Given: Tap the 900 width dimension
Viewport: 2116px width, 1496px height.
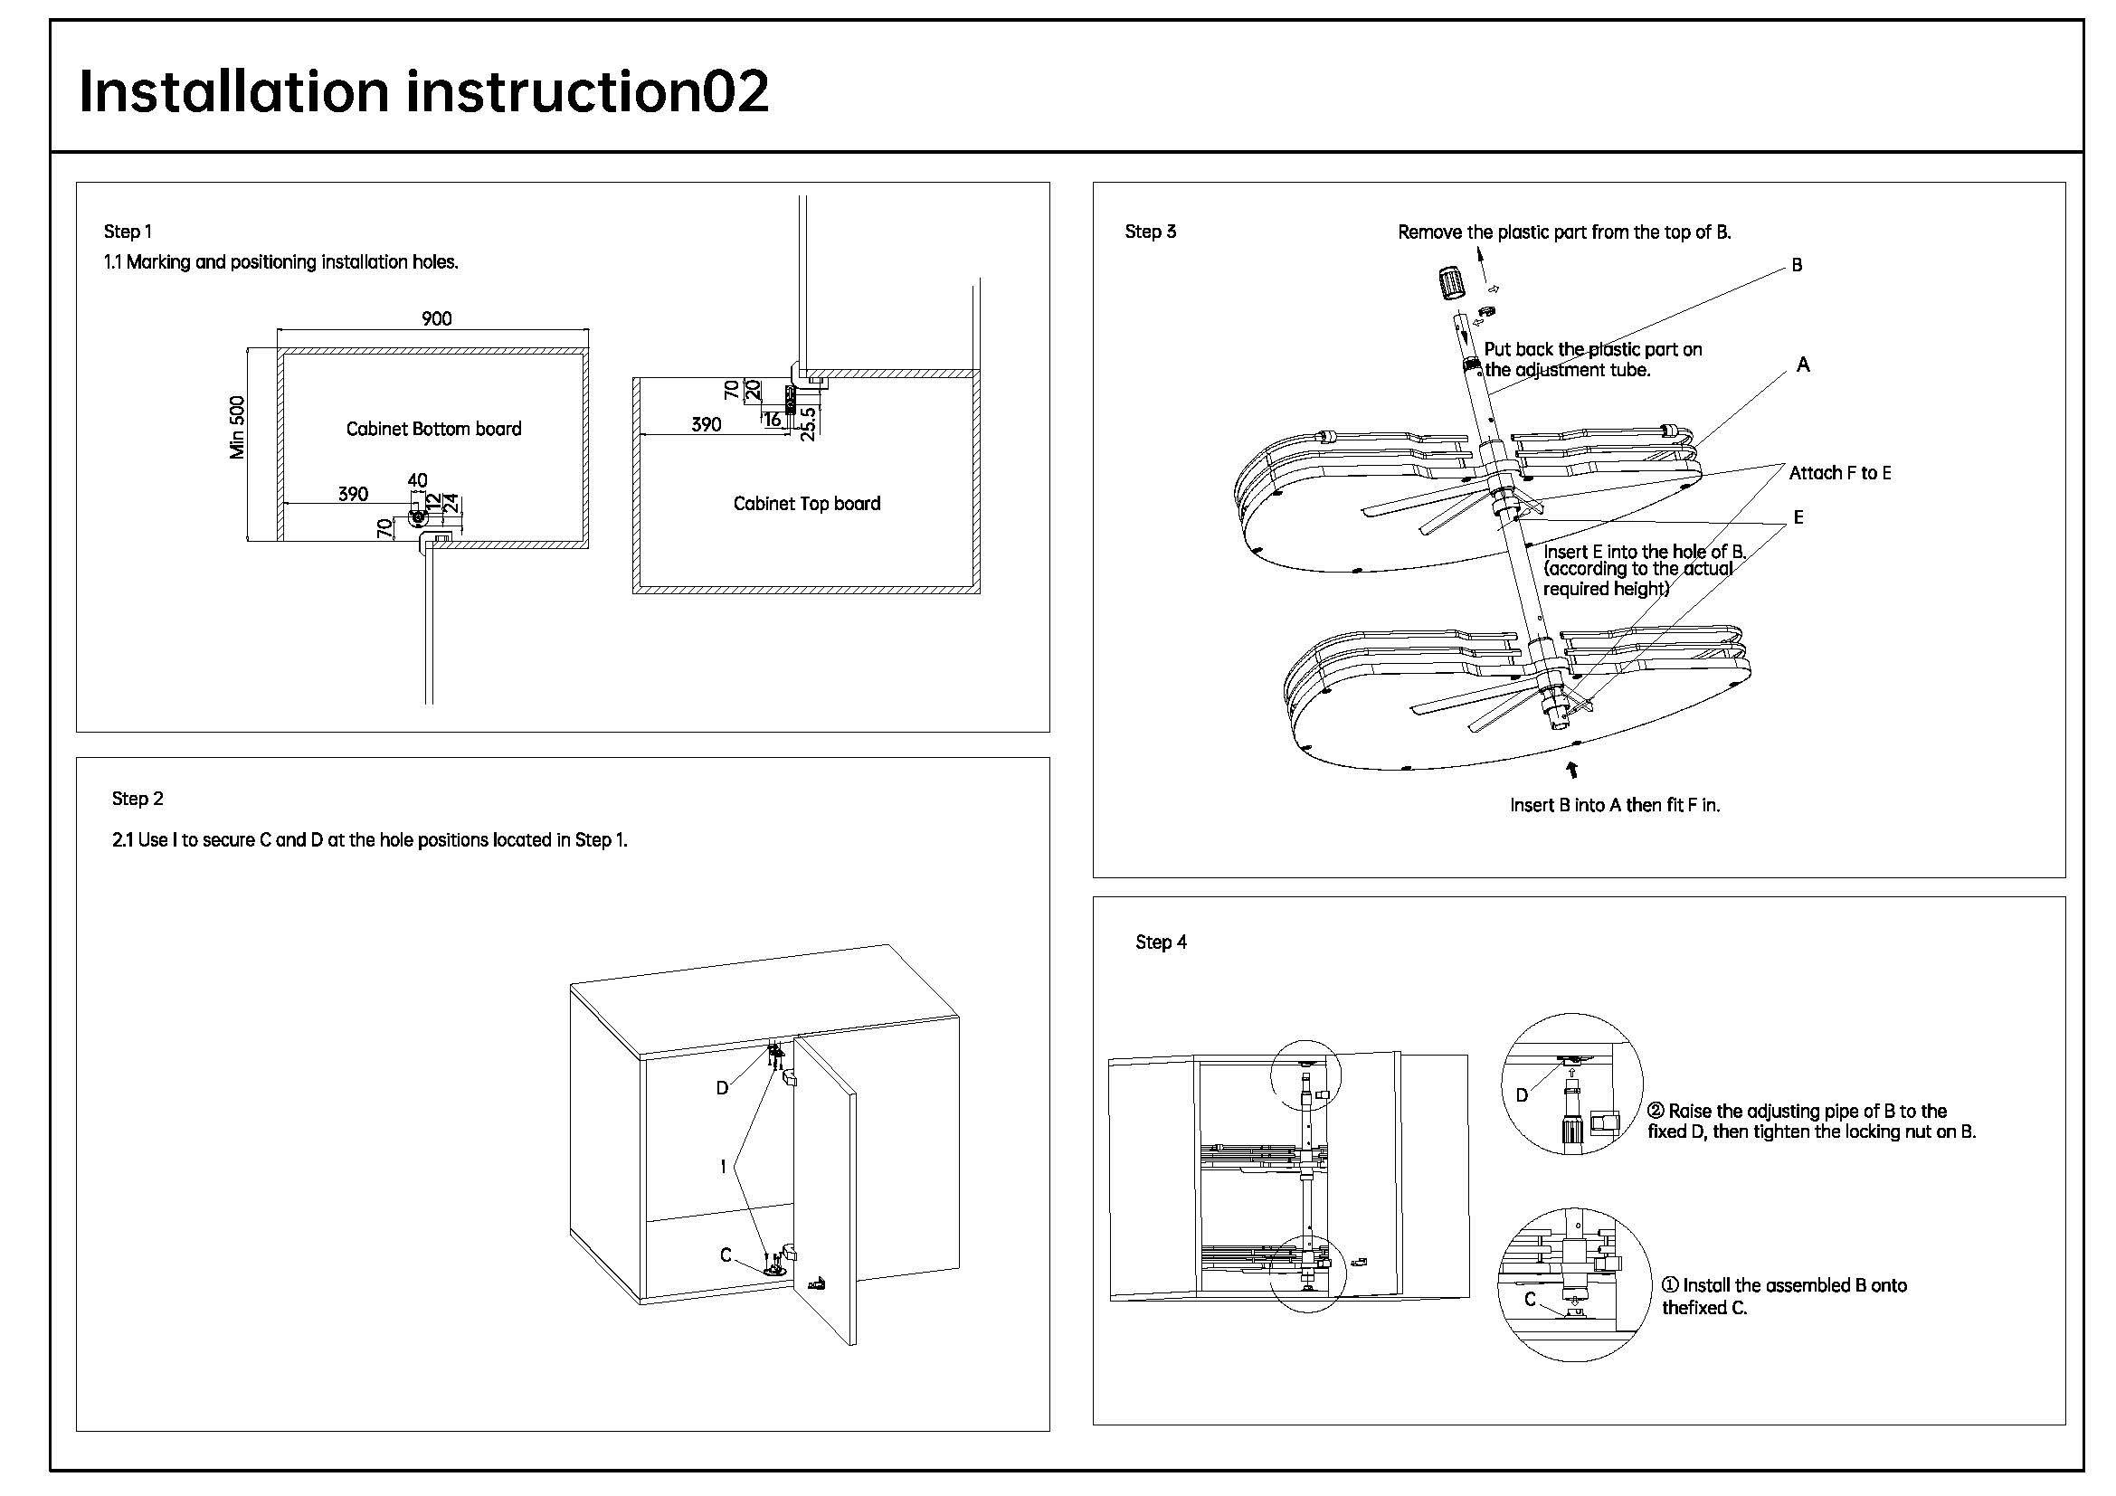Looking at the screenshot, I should [437, 318].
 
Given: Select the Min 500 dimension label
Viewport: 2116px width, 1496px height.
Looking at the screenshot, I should [238, 428].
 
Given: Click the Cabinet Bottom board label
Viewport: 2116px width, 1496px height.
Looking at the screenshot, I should [433, 429].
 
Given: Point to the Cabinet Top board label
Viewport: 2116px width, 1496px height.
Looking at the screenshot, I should [806, 504].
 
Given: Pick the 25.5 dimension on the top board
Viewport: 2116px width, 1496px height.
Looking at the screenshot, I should [808, 423].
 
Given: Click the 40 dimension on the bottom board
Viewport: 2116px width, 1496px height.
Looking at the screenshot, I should [417, 480].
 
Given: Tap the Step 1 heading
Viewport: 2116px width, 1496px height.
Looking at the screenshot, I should [128, 232].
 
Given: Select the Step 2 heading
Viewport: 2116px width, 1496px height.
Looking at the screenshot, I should [138, 799].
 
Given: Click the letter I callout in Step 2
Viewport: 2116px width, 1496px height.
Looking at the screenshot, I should [724, 1167].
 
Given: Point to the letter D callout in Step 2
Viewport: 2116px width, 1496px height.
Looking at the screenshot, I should [723, 1088].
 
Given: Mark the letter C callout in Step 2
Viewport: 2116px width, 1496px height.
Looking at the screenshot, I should [726, 1255].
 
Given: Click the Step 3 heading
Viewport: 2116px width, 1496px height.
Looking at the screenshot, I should [1150, 232].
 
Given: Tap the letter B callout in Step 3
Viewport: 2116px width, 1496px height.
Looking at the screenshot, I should [1798, 265].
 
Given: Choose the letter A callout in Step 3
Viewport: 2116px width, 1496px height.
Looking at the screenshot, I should [1804, 365].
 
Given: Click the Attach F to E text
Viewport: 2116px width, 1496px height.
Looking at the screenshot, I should [1839, 472].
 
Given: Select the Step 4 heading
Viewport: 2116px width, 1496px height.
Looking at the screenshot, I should [1162, 942].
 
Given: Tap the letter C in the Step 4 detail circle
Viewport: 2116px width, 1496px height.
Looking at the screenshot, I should [1531, 1299].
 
